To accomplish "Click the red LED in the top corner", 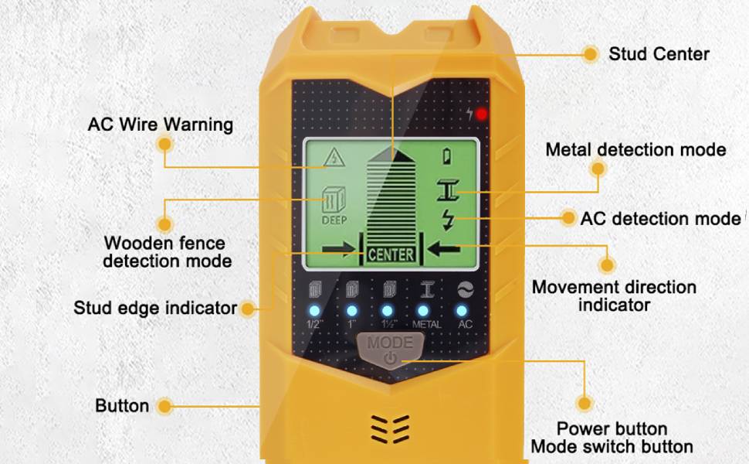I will click(x=482, y=114).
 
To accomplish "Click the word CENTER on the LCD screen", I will click(x=391, y=254).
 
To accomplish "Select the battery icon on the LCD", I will click(x=448, y=156).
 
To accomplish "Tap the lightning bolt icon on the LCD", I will click(x=448, y=219).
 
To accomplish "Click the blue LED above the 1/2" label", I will click(x=314, y=311).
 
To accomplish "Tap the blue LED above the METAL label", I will click(x=426, y=311).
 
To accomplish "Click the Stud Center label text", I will click(x=658, y=54).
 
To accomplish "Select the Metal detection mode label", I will click(x=635, y=149).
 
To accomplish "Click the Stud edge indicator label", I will click(x=155, y=308).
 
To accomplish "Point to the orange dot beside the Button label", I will click(x=164, y=406).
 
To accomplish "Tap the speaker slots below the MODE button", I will click(x=390, y=428).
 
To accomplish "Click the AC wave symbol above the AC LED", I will click(x=463, y=289).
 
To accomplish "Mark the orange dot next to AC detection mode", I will click(x=568, y=219).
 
